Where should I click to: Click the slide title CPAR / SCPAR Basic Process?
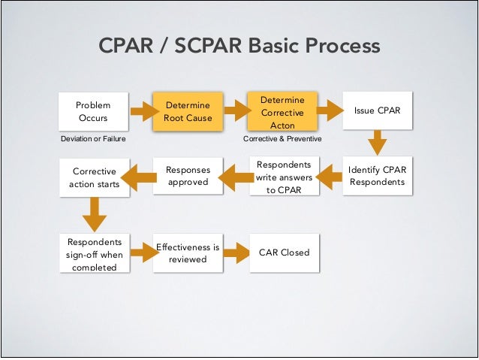pos(239,47)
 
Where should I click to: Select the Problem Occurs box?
pos(93,112)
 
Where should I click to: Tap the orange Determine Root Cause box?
pos(188,112)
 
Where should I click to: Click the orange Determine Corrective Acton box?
pos(282,112)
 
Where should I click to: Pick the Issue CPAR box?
pos(378,111)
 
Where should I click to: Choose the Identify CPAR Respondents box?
pos(378,176)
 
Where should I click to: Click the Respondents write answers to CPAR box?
pos(282,177)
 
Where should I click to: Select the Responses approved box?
pos(188,176)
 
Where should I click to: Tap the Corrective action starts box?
pos(93,177)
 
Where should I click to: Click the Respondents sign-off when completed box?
pos(93,253)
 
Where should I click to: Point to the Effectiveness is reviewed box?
pos(188,253)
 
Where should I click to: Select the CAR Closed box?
pos(283,253)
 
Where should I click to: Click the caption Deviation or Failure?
pos(93,139)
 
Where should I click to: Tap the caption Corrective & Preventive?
pos(282,139)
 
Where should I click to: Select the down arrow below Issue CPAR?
pos(378,143)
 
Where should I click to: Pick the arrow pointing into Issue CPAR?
pos(330,112)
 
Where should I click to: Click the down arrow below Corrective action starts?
pos(93,215)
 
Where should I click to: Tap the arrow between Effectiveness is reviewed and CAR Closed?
pos(236,253)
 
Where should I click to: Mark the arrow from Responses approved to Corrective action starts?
pos(140,177)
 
